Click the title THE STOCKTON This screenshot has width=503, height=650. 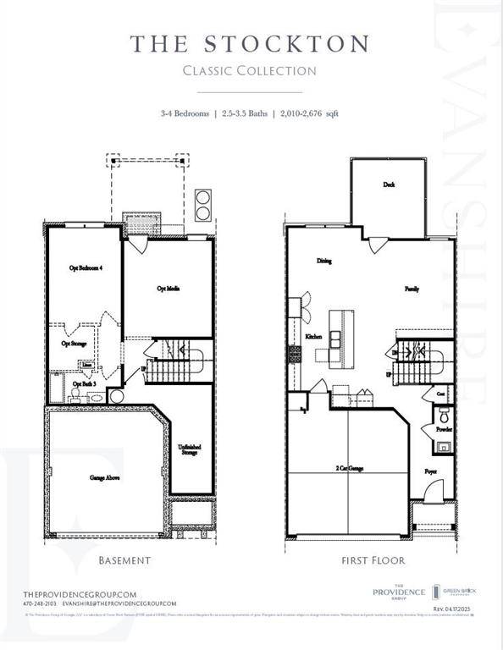[250, 43]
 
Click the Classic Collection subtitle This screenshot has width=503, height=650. [250, 70]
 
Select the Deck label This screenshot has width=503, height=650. [389, 185]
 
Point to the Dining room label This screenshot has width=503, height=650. [323, 262]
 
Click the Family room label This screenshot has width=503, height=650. [412, 289]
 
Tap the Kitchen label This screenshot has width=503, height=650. [314, 336]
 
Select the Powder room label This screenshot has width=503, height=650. [445, 429]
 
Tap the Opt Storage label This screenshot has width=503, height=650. [74, 344]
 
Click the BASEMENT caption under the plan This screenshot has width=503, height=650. [124, 560]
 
